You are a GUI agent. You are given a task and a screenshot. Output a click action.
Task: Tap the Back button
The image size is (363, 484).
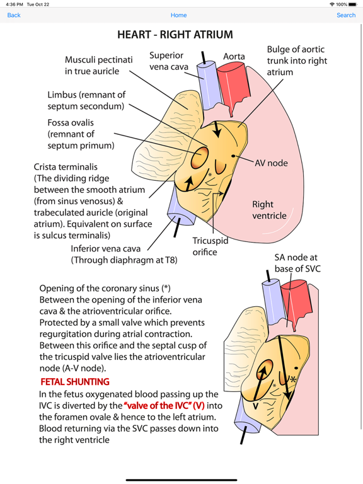(14, 15)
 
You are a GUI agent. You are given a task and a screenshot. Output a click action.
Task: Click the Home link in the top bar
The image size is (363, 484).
(178, 15)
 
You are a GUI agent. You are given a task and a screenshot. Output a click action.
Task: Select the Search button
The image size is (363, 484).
(345, 15)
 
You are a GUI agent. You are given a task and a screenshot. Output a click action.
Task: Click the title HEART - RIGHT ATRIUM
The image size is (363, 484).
(175, 35)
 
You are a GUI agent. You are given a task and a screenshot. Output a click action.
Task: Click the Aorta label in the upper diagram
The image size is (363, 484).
(234, 57)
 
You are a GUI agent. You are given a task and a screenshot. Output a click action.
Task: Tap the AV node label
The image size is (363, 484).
(272, 163)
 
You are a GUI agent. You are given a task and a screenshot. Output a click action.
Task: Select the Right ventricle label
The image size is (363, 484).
(269, 210)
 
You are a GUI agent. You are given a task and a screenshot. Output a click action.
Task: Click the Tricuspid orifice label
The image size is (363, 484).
(210, 246)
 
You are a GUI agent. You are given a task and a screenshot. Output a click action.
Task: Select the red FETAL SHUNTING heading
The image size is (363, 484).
(75, 382)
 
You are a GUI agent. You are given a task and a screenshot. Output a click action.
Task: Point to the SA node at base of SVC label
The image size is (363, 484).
(296, 263)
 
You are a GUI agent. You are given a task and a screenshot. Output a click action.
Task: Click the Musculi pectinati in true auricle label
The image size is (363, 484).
(99, 66)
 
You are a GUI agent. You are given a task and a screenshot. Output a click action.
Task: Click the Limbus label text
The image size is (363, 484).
(86, 100)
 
